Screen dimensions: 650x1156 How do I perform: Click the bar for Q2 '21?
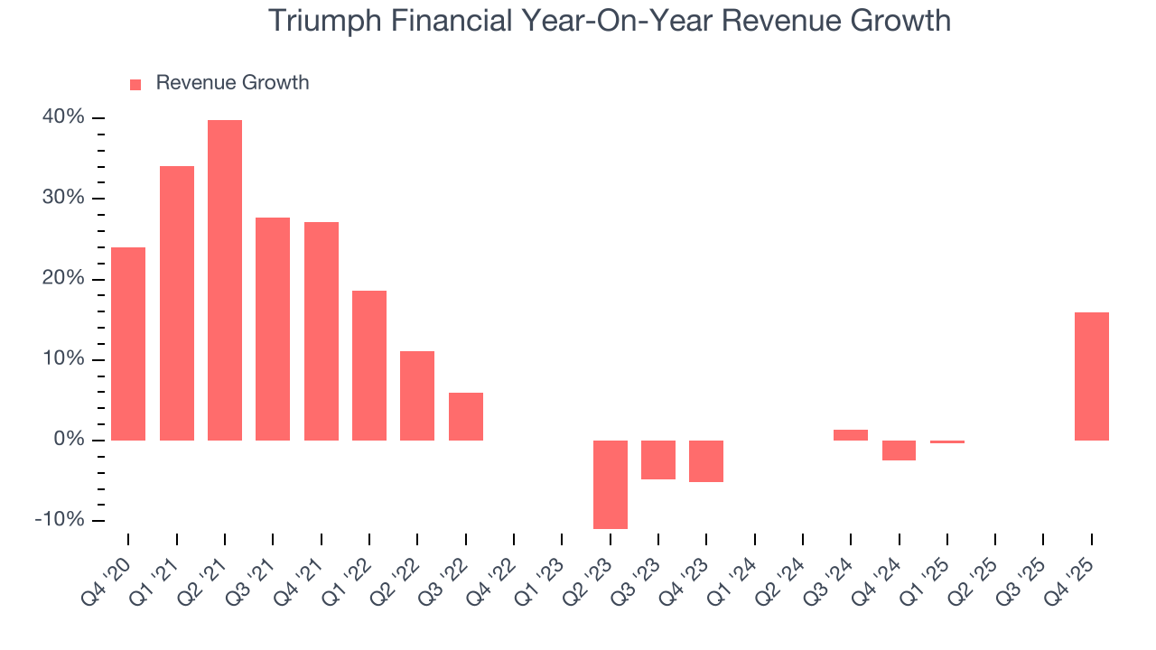(225, 280)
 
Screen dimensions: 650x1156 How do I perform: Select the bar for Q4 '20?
(128, 343)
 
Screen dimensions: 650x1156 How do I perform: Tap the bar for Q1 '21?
(177, 302)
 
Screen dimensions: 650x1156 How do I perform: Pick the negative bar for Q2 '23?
(611, 484)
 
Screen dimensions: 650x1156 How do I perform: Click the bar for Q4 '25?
(1092, 376)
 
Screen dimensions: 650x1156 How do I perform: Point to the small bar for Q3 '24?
(851, 435)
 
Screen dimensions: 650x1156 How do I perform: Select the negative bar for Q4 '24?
(900, 450)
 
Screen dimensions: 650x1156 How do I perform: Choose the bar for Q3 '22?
(466, 416)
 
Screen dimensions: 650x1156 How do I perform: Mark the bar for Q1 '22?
(369, 365)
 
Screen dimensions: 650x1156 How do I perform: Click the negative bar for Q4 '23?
(706, 461)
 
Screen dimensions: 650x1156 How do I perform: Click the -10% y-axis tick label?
(60, 520)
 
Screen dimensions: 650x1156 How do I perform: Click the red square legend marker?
(135, 84)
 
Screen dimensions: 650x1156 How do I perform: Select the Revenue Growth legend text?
(232, 83)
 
